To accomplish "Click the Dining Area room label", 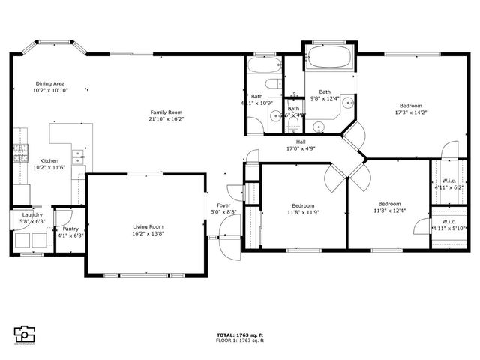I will [50, 83].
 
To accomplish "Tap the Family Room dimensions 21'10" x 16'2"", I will [166, 118].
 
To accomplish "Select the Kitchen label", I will [49, 160].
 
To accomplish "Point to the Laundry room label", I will [31, 215].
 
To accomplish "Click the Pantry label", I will [71, 229].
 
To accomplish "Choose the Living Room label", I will [148, 226].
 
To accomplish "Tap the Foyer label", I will [223, 205].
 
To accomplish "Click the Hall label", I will [300, 142].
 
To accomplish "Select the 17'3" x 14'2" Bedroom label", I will [410, 106].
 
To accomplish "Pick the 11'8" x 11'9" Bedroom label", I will [303, 205].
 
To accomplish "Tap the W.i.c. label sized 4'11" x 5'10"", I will [448, 221].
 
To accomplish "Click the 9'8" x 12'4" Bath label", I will [325, 91].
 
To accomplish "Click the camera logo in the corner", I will [25, 334].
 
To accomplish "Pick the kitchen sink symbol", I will [76, 157].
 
